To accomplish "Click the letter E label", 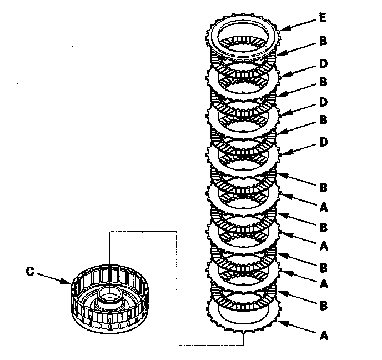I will pos(321,17).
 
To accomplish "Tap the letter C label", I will pos(31,272).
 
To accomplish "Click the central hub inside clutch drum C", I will pos(110,301).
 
